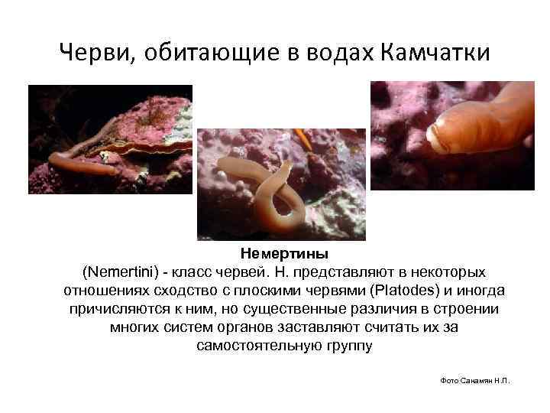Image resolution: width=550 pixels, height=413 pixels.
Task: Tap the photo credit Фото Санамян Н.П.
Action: [475, 381]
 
